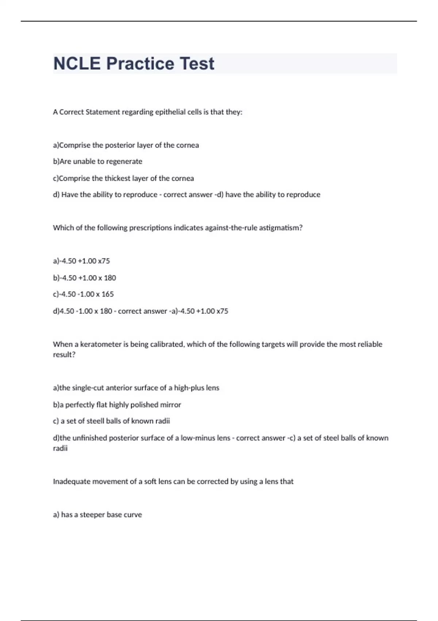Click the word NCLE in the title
(77, 64)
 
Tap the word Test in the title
(197, 64)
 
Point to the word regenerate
(124, 161)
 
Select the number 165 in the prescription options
(108, 294)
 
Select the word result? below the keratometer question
(64, 355)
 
